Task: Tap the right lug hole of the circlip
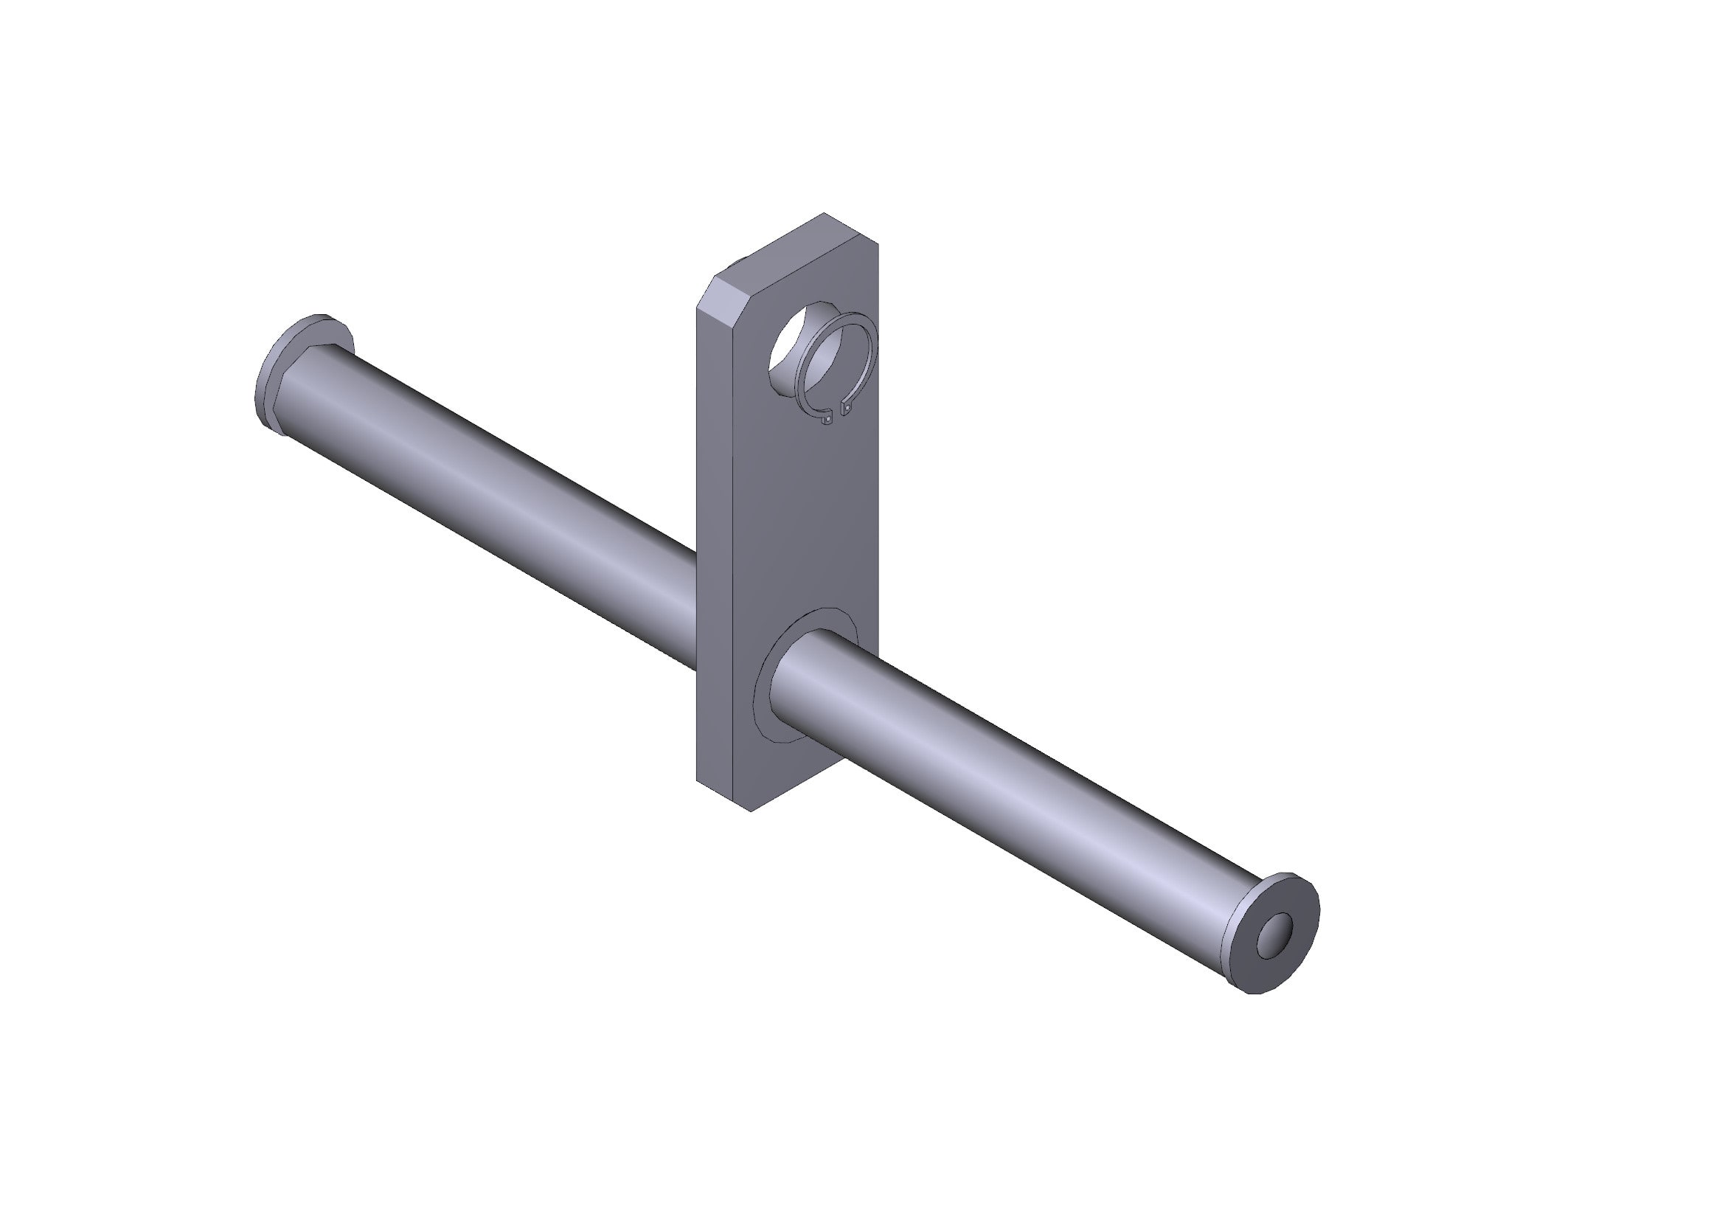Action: [x=848, y=408]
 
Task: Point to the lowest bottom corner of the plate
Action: [x=752, y=810]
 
